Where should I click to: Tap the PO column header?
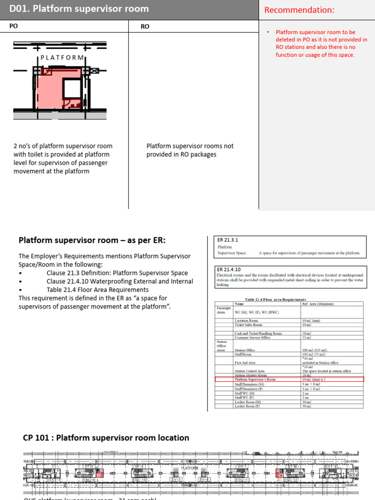pos(14,26)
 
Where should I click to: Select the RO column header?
pos(145,27)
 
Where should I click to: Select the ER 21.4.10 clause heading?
pos(227,269)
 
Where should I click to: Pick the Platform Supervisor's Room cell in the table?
pos(255,379)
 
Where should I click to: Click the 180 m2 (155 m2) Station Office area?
pos(315,350)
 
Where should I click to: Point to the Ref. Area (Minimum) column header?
pos(318,304)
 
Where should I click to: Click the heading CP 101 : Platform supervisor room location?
pos(106,437)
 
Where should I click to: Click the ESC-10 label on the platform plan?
pos(139,479)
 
